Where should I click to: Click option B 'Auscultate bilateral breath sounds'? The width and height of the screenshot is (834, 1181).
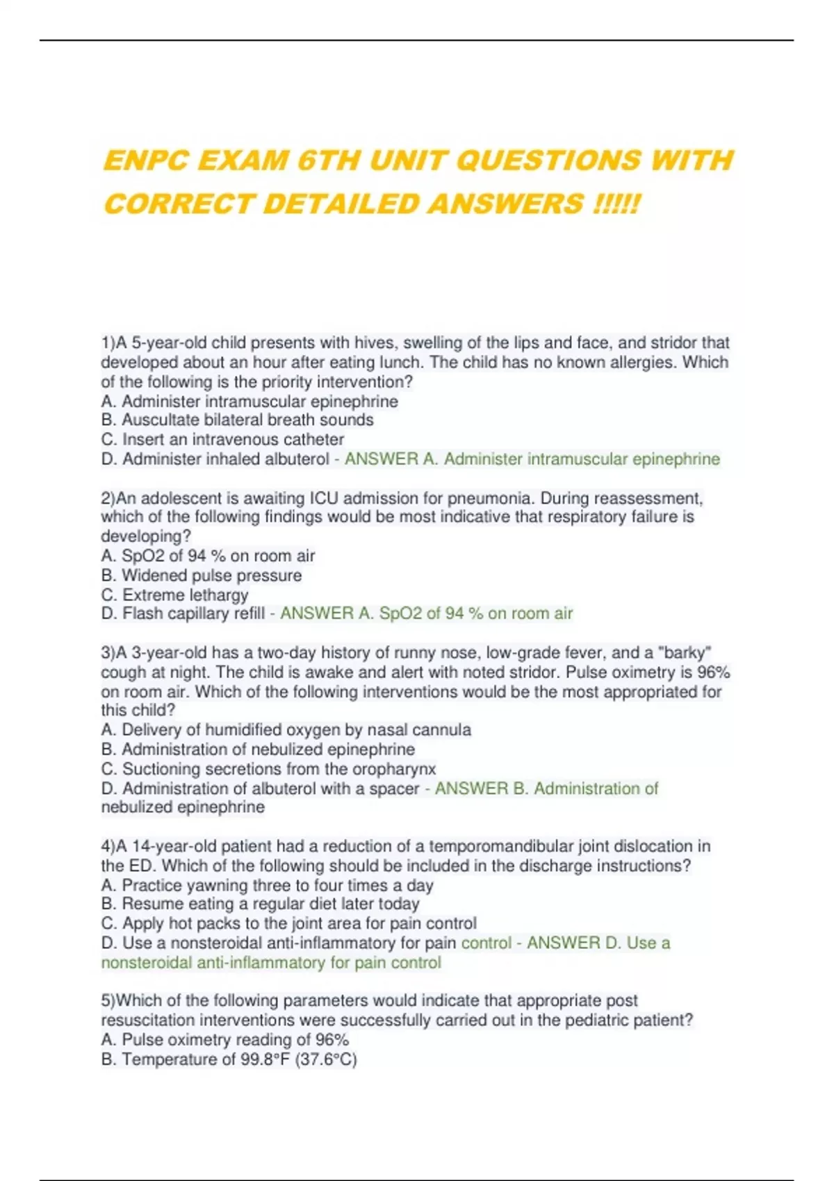coord(238,420)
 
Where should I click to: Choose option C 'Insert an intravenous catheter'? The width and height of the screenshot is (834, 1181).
coord(222,440)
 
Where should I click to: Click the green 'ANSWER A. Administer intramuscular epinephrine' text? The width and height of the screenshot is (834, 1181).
coord(532,459)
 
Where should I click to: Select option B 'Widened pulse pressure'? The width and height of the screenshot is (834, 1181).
coord(202,575)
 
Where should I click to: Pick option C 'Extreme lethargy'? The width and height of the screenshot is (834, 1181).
coord(174,595)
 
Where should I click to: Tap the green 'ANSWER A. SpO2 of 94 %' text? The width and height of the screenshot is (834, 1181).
coord(426,613)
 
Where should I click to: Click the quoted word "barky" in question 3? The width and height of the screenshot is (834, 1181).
coord(688,653)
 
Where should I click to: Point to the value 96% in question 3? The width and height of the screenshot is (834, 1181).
coord(714,672)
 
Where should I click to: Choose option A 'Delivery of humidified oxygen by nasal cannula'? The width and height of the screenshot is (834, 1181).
coord(286,730)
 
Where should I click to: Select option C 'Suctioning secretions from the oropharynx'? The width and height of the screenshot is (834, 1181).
coord(269,769)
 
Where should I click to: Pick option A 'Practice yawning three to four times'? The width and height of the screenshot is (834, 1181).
coord(268,885)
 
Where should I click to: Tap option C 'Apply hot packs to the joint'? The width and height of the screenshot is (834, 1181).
coord(289,923)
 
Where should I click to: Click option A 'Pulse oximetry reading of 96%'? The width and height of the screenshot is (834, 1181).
coord(225,1039)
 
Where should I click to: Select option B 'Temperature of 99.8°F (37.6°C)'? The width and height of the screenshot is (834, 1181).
coord(229,1059)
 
